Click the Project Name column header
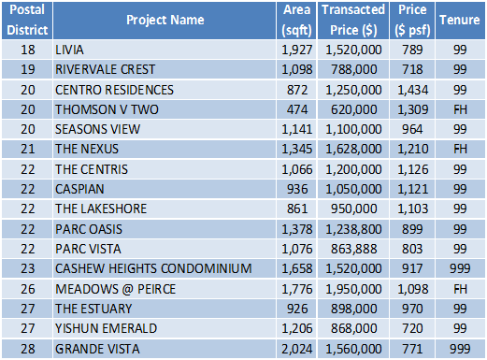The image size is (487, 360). pyautogui.click(x=165, y=20)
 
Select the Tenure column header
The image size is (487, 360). pyautogui.click(x=460, y=20)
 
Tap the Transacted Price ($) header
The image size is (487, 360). pyautogui.click(x=353, y=20)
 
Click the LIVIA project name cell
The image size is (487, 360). pyautogui.click(x=69, y=50)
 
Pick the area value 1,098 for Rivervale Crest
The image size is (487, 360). pyautogui.click(x=297, y=69)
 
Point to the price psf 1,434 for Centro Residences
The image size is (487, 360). pyautogui.click(x=413, y=90)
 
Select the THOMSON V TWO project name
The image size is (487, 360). pyautogui.click(x=107, y=109)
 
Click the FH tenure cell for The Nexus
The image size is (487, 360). pyautogui.click(x=460, y=149)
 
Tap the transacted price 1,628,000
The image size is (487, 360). pyautogui.click(x=353, y=149)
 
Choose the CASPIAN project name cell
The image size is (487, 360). pyautogui.click(x=79, y=189)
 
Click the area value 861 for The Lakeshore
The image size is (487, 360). pyautogui.click(x=297, y=209)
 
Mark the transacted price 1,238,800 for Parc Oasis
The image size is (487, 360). pyautogui.click(x=353, y=229)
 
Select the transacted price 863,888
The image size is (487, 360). pyautogui.click(x=354, y=249)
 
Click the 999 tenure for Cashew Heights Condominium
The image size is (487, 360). pyautogui.click(x=460, y=268)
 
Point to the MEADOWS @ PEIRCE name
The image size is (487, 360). pyautogui.click(x=115, y=289)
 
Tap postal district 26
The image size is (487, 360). pyautogui.click(x=28, y=289)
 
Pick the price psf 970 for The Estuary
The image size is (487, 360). pyautogui.click(x=412, y=309)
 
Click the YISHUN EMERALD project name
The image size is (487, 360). pyautogui.click(x=106, y=328)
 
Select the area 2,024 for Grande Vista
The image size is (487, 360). pyautogui.click(x=297, y=349)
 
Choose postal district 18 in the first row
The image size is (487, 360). pyautogui.click(x=28, y=50)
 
